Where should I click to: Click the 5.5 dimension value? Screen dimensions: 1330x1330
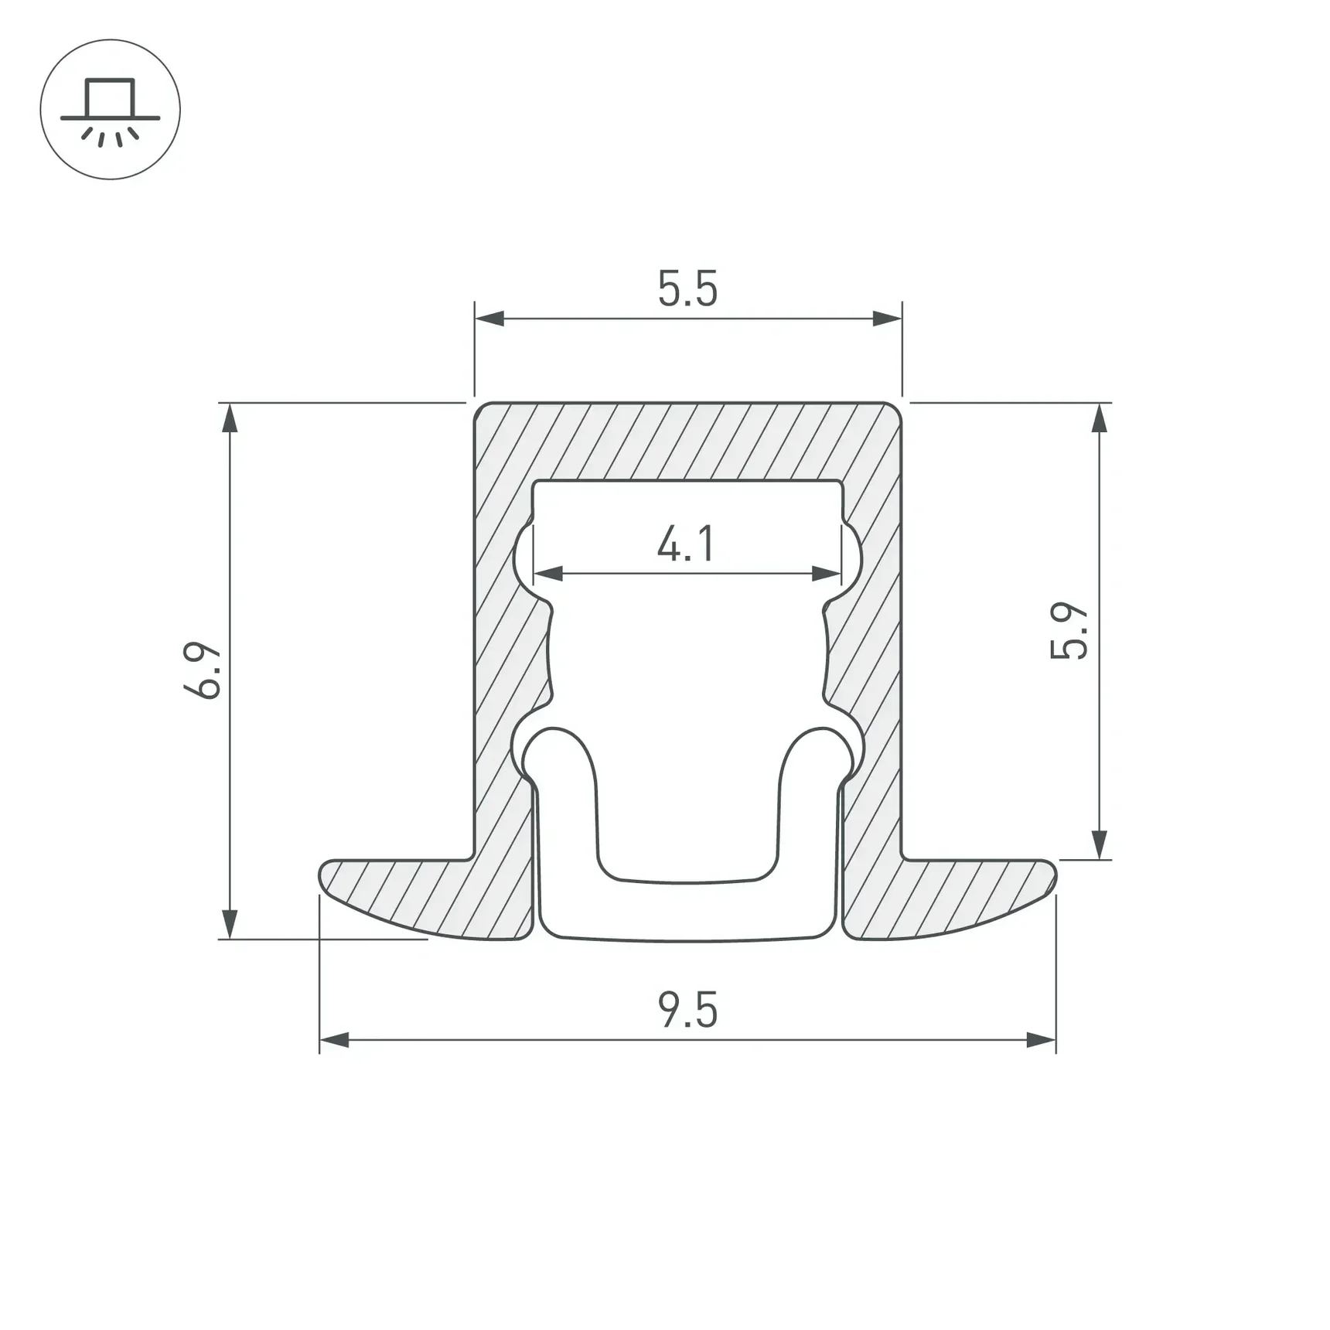(x=687, y=288)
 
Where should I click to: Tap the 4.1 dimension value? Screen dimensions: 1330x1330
(x=686, y=544)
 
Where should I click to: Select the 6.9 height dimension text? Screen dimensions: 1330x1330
(x=203, y=670)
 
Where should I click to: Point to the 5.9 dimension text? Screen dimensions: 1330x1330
(x=1069, y=631)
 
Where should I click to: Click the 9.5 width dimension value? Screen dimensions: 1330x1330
(x=687, y=1010)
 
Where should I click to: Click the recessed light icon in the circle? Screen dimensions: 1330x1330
(x=111, y=111)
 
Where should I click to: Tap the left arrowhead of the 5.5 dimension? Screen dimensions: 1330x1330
(x=489, y=319)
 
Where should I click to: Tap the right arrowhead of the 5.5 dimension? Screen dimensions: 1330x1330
(x=887, y=319)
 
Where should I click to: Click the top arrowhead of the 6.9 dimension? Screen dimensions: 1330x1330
(x=230, y=418)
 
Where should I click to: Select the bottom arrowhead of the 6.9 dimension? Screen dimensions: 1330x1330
(x=230, y=924)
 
